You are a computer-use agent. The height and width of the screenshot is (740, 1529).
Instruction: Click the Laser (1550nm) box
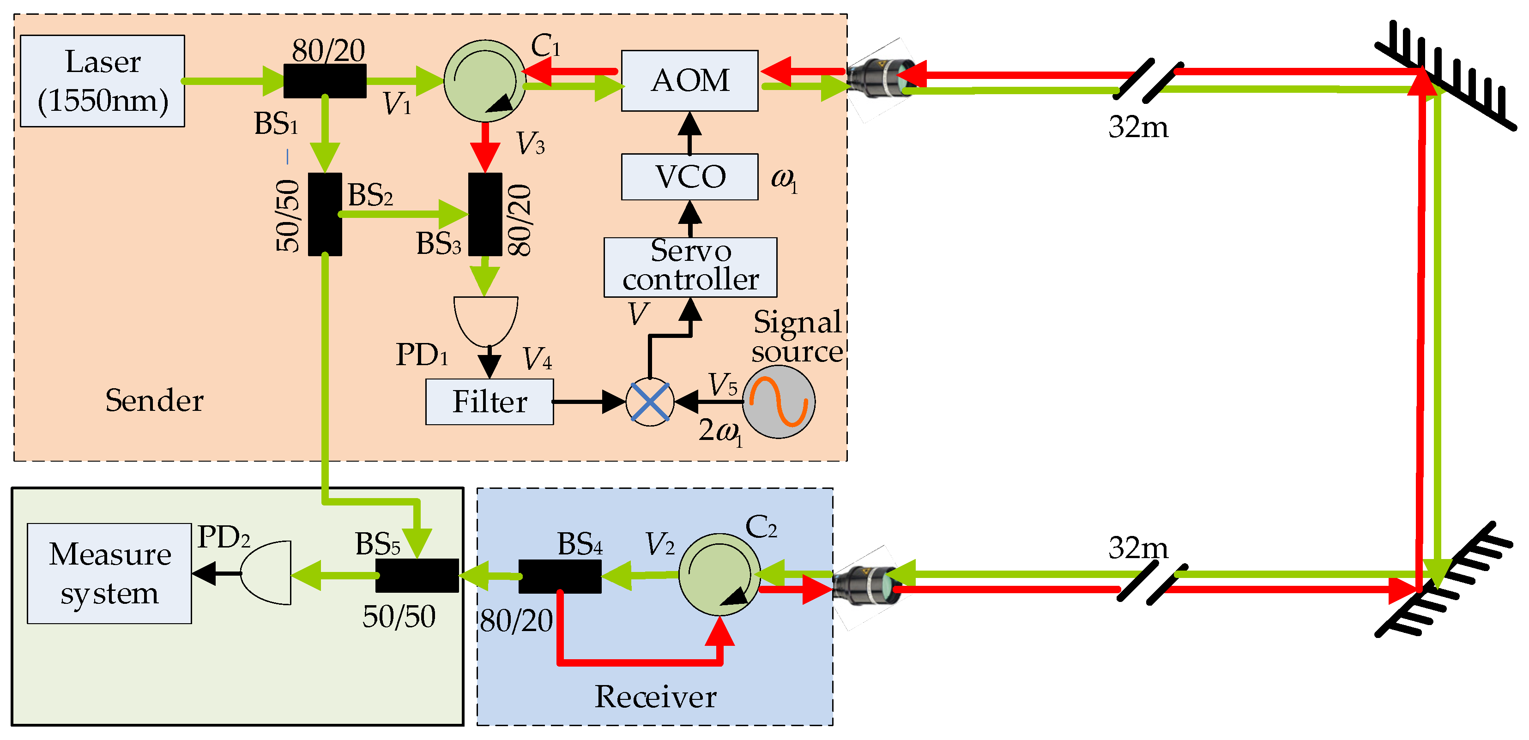[102, 81]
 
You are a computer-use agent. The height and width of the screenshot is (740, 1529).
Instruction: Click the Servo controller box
[690, 267]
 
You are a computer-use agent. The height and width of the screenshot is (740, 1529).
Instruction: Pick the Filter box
[489, 402]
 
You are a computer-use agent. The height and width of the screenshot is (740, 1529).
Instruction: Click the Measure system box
[109, 573]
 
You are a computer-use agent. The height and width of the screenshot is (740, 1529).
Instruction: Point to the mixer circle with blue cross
[650, 402]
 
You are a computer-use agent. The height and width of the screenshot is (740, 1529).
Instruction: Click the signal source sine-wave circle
[779, 402]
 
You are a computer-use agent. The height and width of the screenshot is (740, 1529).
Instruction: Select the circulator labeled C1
[484, 81]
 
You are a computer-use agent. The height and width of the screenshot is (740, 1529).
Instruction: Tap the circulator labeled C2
[719, 574]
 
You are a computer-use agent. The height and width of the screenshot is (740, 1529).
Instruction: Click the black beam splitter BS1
[325, 81]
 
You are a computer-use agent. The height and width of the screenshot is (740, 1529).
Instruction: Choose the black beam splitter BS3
[485, 214]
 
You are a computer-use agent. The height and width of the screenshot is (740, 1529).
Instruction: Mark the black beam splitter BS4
[560, 576]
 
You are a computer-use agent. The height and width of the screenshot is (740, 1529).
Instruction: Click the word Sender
[154, 401]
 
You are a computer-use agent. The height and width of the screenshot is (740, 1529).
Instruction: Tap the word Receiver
[655, 697]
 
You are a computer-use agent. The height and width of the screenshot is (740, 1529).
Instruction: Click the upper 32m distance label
[1138, 127]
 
